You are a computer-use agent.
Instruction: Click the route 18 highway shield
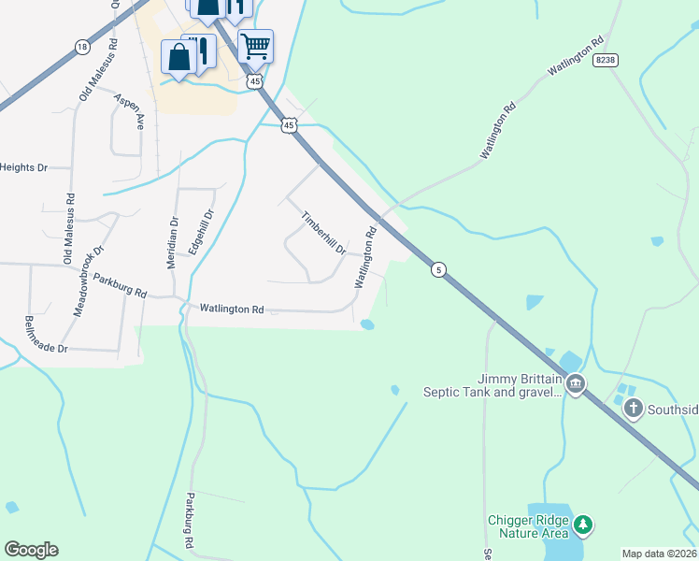point(82,47)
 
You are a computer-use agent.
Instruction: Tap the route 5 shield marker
point(437,270)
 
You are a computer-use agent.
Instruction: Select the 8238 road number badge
point(605,59)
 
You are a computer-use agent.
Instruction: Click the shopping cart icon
point(254,45)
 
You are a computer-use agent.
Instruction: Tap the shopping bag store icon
point(178,57)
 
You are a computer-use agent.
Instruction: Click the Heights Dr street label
point(23,167)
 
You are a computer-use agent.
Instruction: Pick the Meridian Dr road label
point(173,242)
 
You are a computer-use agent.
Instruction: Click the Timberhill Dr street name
point(323,233)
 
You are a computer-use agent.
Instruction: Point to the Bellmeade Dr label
point(47,334)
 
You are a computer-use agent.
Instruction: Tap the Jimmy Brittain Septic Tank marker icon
point(576,383)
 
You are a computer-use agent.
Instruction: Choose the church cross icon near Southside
point(634,408)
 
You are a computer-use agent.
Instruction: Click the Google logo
point(31,550)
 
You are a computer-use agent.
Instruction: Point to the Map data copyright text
point(660,554)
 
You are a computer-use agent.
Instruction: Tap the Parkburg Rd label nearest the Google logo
point(189,520)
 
